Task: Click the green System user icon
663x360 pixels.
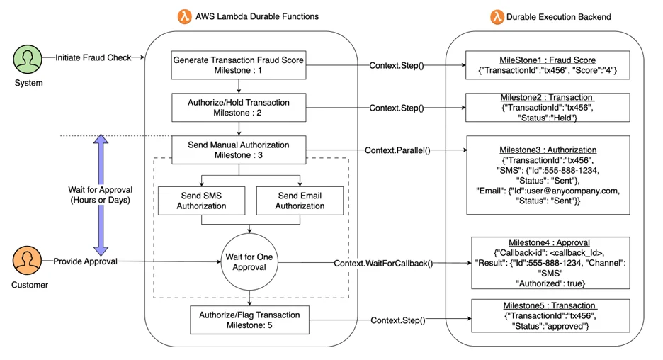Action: tap(28, 60)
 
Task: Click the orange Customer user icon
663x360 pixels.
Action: tap(27, 261)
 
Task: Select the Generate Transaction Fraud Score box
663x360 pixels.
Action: tap(239, 65)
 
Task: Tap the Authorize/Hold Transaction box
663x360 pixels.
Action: tap(239, 108)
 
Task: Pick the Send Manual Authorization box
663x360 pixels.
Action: tap(239, 150)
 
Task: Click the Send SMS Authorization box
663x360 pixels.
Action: tap(201, 201)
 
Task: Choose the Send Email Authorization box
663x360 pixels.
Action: tap(300, 201)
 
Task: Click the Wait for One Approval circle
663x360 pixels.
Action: tap(249, 262)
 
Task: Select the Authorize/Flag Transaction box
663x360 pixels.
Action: tap(249, 320)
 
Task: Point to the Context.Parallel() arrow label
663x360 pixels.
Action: tap(397, 150)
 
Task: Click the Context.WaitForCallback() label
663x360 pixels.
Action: tap(383, 264)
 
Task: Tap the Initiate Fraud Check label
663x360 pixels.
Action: tap(93, 57)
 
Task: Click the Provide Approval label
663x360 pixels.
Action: tap(86, 261)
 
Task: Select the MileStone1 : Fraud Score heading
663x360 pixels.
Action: tap(548, 60)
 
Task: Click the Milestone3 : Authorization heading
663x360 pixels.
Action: tap(548, 150)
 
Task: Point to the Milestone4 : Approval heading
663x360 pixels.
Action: tap(549, 243)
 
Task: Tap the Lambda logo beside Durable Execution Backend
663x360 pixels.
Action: tap(497, 17)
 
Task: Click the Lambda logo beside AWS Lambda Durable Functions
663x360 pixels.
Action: tap(185, 16)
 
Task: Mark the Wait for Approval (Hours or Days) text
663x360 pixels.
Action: tap(100, 195)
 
